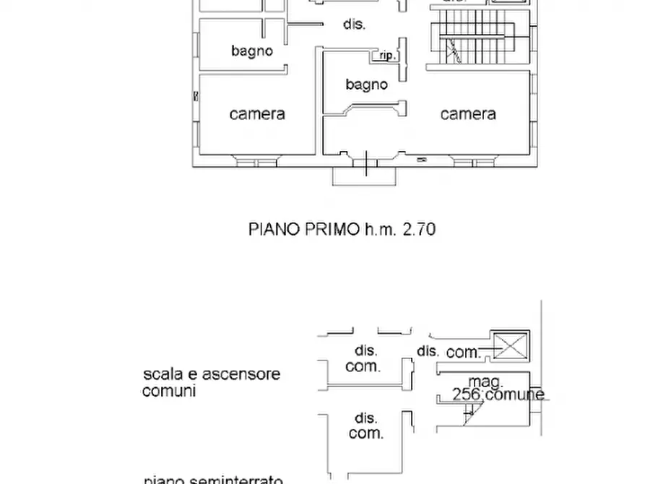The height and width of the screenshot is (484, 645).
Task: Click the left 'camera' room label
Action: (x=257, y=114)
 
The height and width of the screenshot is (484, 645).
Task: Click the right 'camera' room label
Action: (x=468, y=114)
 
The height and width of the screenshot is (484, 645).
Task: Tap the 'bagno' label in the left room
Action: (x=252, y=51)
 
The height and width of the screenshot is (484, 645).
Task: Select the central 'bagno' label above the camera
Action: (x=366, y=85)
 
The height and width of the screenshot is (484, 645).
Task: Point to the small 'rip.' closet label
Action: (x=386, y=55)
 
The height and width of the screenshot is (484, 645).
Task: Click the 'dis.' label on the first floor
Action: (x=354, y=24)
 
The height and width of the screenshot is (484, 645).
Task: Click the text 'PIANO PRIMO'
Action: (x=303, y=230)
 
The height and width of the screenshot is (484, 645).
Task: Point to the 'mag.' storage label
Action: (x=485, y=381)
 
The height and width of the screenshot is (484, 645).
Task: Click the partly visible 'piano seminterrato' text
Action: (x=212, y=479)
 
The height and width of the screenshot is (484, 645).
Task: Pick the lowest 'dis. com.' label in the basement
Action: (x=365, y=426)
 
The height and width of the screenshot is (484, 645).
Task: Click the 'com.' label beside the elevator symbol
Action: (x=464, y=353)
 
